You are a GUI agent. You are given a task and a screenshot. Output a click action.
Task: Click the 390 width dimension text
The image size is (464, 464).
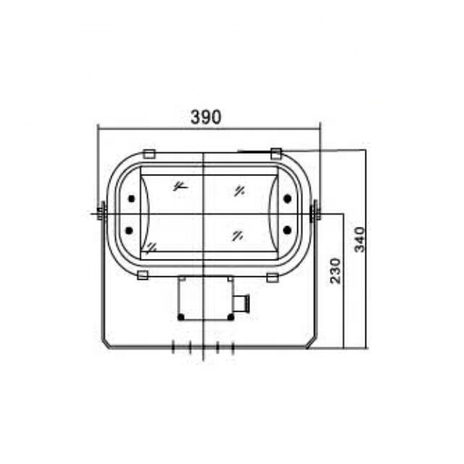pos(205,117)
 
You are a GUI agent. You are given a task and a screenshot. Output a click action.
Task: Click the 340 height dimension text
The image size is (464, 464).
pos(360,239)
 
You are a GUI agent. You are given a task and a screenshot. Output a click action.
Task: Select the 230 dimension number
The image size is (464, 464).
pos(335,270)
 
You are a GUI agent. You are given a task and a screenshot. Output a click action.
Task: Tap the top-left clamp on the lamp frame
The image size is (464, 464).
pos(149,153)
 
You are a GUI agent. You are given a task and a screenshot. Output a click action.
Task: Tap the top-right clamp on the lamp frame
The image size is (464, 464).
pos(275,152)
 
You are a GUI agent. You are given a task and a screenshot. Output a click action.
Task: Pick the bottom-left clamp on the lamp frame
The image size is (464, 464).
pos(143,275)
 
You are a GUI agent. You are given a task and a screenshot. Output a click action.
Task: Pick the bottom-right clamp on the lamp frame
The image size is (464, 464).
pos(272,277)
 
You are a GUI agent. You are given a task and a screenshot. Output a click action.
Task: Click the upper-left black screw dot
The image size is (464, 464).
pos(130,199)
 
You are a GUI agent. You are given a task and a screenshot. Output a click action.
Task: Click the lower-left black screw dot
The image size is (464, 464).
pos(130,231)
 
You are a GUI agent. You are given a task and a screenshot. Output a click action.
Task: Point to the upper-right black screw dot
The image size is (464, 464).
pos(287,199)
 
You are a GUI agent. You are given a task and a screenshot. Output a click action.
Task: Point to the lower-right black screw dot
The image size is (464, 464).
pos(287,230)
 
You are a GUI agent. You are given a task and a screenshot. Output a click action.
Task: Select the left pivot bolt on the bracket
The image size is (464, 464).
pos(100,212)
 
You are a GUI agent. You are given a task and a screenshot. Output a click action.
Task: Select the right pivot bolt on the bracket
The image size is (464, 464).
pos(315,212)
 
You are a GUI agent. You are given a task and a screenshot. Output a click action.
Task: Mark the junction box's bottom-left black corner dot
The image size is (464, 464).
pos(181,317)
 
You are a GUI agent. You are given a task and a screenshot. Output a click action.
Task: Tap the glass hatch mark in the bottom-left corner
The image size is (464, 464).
pos(151,247)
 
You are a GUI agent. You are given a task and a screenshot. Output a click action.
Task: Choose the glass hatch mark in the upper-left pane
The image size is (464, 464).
pos(179,186)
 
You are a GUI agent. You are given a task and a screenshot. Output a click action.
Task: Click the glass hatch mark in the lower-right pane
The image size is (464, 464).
pos(237,234)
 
